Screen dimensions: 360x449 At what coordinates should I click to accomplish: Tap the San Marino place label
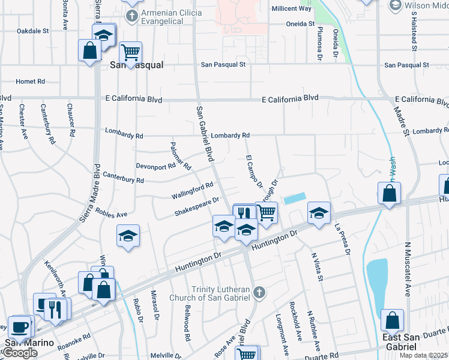[30, 344]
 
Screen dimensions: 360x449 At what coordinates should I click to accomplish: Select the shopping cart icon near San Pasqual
[130, 52]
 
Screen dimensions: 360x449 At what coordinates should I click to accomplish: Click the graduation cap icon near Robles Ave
[128, 236]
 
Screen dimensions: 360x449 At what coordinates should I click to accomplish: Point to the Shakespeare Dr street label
[197, 206]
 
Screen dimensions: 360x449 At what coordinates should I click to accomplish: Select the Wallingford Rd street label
[192, 191]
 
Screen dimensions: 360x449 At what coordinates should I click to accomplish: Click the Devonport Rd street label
[154, 166]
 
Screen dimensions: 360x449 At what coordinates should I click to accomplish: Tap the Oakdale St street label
[32, 31]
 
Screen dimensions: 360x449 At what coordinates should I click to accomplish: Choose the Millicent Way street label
[292, 8]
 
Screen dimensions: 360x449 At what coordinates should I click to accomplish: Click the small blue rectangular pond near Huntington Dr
[294, 198]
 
